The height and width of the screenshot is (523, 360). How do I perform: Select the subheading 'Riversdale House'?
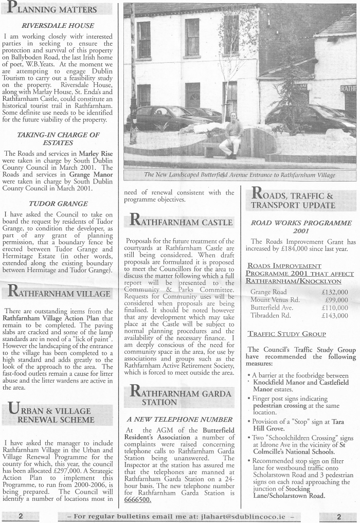[58, 25]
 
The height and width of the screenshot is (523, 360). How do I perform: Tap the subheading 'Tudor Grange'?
[58, 204]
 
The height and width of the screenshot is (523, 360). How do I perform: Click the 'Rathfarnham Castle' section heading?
[179, 222]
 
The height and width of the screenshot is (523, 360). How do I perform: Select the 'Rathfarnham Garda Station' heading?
[179, 396]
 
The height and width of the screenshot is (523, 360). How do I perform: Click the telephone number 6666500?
[138, 499]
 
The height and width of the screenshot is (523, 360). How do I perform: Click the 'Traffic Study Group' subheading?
[286, 334]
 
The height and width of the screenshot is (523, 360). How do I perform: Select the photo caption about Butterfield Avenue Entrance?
[240, 175]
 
